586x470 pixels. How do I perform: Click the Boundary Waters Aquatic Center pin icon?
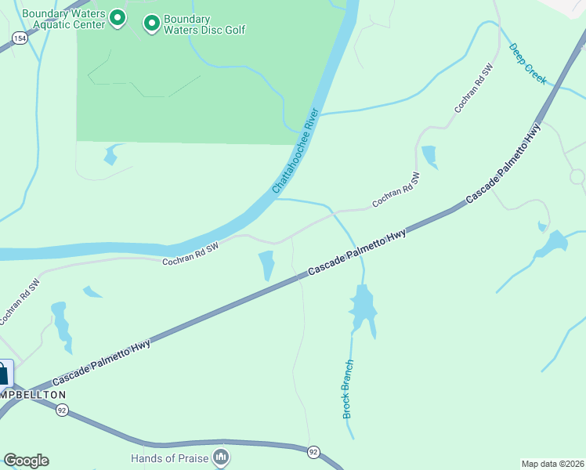pyautogui.click(x=118, y=18)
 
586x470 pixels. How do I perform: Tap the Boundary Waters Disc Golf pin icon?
pyautogui.click(x=150, y=24)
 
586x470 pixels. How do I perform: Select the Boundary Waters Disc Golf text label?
pyautogui.click(x=204, y=24)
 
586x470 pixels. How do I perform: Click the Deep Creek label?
pyautogui.click(x=527, y=63)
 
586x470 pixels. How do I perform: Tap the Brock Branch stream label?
pyautogui.click(x=348, y=389)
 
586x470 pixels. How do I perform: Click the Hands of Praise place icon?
pyautogui.click(x=222, y=456)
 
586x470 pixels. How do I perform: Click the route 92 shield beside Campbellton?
pyautogui.click(x=62, y=410)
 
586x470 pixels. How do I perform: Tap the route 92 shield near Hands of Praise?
pyautogui.click(x=313, y=452)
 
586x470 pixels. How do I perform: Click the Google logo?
pyautogui.click(x=26, y=461)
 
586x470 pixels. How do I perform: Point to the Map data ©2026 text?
pyautogui.click(x=552, y=463)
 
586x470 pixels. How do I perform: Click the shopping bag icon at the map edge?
pyautogui.click(x=3, y=374)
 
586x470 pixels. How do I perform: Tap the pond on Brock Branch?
pyautogui.click(x=363, y=308)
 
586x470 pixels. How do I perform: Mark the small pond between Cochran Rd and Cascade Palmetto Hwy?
pyautogui.click(x=266, y=264)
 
